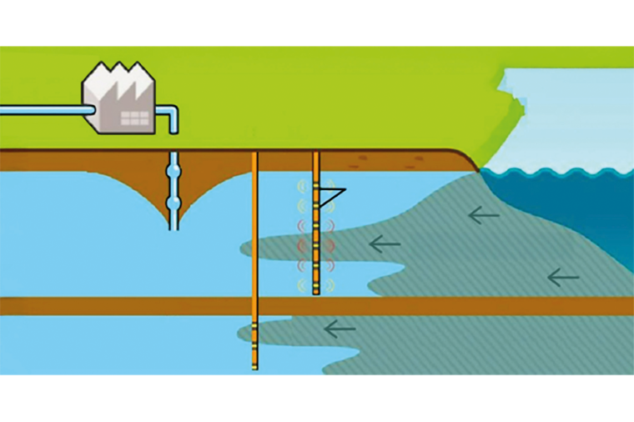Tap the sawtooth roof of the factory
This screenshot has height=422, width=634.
116,73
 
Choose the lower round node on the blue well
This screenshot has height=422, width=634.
174,203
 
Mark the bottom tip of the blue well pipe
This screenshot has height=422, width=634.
174,227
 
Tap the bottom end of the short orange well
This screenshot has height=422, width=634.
316,291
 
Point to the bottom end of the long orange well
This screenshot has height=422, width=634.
254,367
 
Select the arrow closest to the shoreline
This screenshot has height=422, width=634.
483,215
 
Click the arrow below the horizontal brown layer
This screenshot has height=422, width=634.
340,329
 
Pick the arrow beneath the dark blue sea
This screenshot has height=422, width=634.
563,278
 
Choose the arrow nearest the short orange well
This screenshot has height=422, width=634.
385,244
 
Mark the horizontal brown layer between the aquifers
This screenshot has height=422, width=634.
125,306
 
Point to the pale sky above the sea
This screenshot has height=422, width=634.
576,117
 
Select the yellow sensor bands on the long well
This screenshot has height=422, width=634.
254,338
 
